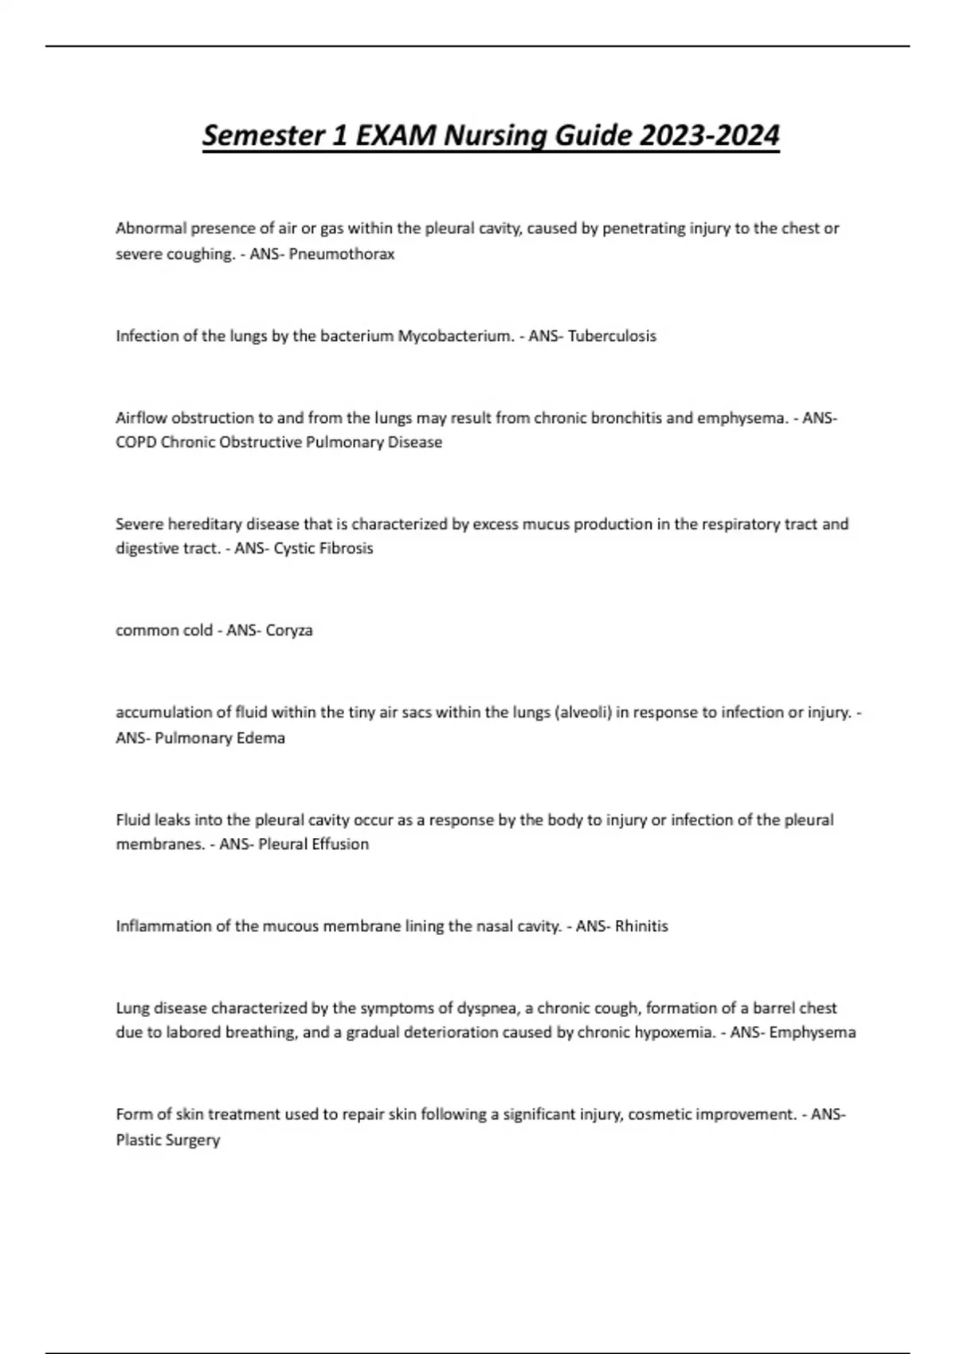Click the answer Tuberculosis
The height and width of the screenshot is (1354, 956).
pyautogui.click(x=612, y=335)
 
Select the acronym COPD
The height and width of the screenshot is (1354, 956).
pyautogui.click(x=136, y=442)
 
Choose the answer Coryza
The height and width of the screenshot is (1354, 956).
pyautogui.click(x=289, y=630)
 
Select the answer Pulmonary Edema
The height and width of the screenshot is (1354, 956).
pyautogui.click(x=220, y=738)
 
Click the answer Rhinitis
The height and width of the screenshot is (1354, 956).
pyautogui.click(x=641, y=925)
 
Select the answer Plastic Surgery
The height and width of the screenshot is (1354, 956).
pyautogui.click(x=168, y=1140)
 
